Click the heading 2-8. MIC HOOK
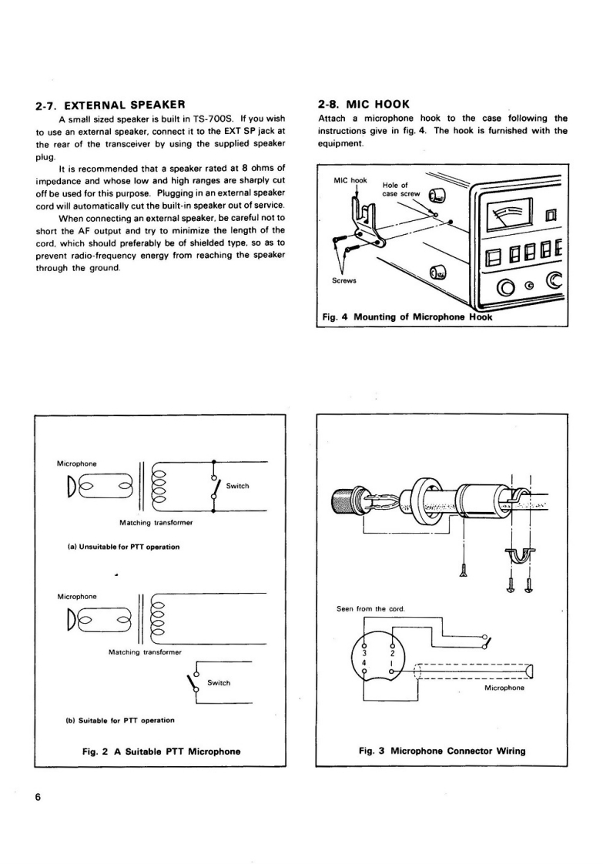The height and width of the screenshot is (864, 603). [x=363, y=103]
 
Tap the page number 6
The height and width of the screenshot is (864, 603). [x=38, y=797]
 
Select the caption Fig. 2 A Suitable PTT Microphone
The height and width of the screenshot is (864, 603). [x=160, y=751]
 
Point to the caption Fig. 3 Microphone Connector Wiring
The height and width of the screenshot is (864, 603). [x=442, y=751]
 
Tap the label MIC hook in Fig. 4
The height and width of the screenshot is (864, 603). [x=350, y=180]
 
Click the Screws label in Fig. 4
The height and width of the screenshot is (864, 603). [x=343, y=280]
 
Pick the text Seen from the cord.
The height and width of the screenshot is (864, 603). [x=370, y=609]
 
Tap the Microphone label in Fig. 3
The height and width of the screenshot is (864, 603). [x=505, y=688]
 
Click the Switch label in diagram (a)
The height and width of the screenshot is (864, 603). [x=237, y=486]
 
